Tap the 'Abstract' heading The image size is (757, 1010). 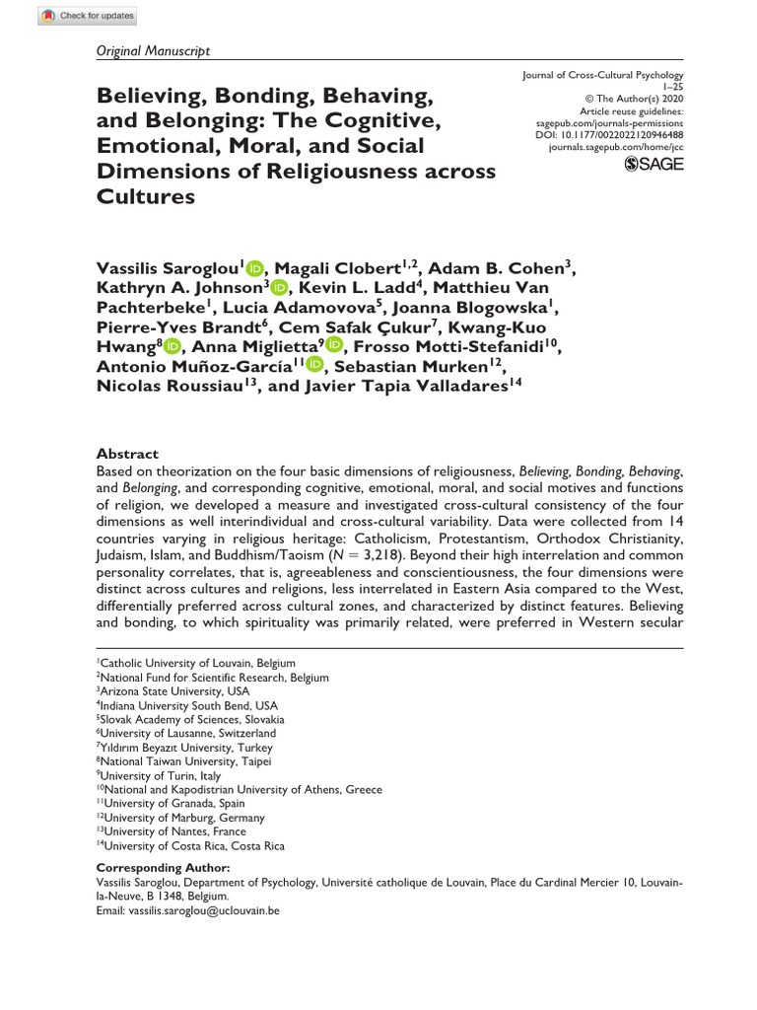[x=127, y=454]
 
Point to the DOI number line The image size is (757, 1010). [x=616, y=134]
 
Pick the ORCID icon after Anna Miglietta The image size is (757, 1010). [x=333, y=346]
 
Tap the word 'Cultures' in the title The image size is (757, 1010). [x=146, y=195]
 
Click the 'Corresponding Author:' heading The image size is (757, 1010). [x=163, y=867]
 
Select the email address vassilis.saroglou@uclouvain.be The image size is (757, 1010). [x=203, y=911]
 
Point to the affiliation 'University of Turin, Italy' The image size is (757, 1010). [x=161, y=776]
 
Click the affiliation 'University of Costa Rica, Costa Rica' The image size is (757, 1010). [x=190, y=845]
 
